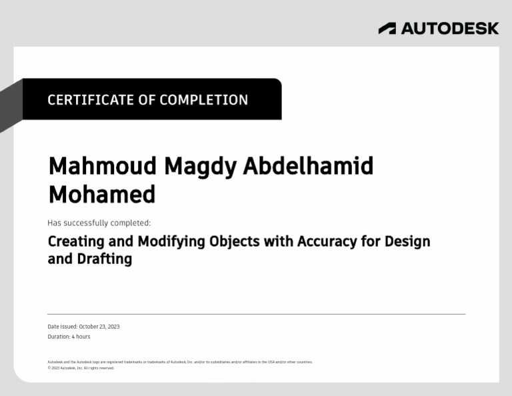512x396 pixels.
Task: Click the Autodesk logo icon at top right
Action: click(x=387, y=28)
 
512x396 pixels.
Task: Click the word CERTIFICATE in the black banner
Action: click(x=90, y=100)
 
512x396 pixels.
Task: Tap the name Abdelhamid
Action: click(x=308, y=166)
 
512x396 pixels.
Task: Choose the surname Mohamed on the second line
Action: click(x=101, y=194)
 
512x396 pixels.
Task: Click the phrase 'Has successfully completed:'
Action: click(x=99, y=223)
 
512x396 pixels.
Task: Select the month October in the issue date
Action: click(x=90, y=327)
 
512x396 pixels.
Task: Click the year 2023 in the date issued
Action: click(x=113, y=327)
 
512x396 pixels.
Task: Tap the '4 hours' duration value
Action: click(x=81, y=337)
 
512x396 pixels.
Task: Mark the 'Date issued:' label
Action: click(x=62, y=327)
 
